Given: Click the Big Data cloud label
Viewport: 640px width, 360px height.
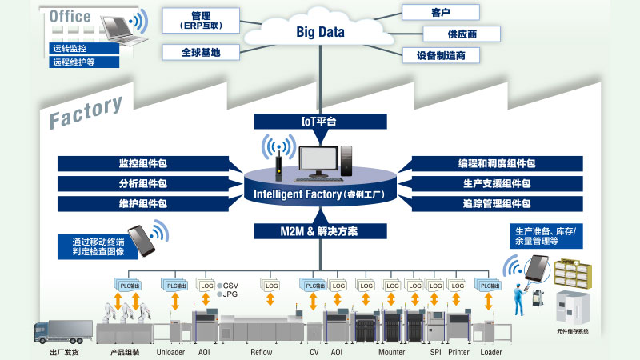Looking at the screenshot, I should coord(319,33).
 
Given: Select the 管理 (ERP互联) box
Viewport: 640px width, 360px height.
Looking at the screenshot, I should coord(202,19).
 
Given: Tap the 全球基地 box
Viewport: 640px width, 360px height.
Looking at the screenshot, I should coord(202,53).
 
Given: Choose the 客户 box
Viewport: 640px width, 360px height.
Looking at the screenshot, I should coord(441,12).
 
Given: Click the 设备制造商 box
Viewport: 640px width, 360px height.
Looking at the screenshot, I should coord(441,56).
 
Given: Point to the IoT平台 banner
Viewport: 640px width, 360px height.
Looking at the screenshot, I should coord(318,122).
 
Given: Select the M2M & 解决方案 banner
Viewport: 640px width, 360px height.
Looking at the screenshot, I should coord(318,231).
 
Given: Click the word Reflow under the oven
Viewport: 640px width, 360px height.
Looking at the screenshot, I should coord(261,352).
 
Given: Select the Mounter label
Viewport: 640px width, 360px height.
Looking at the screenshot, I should coord(391,352).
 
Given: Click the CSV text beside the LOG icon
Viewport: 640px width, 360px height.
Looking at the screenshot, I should coord(231,286).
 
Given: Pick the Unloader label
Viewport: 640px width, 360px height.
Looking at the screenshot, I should coord(170,352).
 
